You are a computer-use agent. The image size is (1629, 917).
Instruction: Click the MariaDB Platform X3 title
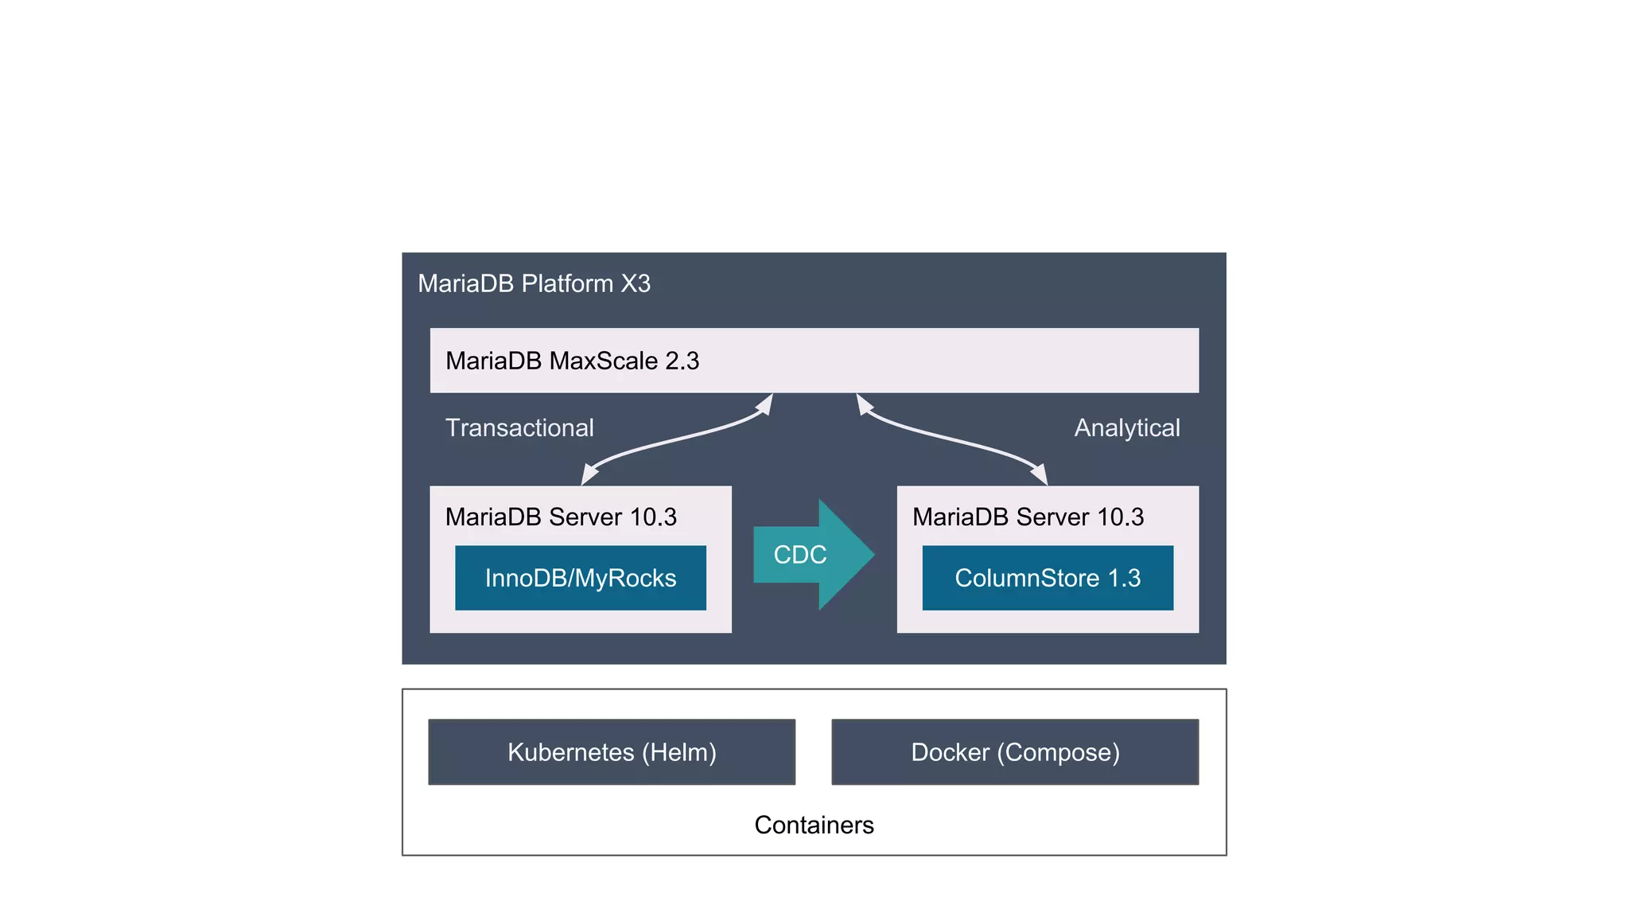(534, 283)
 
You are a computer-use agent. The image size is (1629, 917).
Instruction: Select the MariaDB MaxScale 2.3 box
(814, 361)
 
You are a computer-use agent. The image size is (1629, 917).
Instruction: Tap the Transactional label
(519, 427)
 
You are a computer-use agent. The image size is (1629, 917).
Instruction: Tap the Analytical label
(1126, 427)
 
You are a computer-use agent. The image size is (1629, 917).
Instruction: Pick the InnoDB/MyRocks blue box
(581, 578)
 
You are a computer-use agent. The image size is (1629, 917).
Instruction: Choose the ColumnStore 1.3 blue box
(1048, 578)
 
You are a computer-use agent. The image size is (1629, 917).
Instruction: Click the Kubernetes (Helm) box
(612, 752)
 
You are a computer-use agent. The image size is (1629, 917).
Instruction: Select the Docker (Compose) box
(1015, 752)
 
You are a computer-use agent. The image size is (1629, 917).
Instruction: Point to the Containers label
(814, 825)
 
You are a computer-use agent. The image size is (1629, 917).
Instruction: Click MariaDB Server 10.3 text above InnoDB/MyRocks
(561, 517)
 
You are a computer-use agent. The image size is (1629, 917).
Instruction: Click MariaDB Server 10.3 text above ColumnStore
(1028, 517)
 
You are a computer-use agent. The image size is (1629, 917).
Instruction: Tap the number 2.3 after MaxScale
(682, 361)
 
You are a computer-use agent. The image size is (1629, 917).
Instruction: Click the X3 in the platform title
(636, 283)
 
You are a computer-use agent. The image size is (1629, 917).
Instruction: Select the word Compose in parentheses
(1058, 752)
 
